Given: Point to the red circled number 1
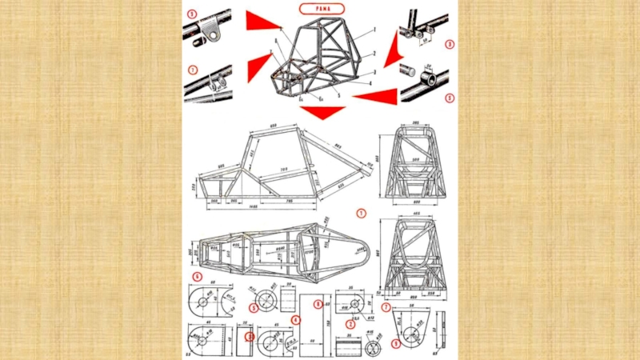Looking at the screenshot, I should coord(361,214).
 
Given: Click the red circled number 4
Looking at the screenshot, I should coord(295,320).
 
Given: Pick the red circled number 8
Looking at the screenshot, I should coord(318,304).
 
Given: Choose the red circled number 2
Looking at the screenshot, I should coord(350,324).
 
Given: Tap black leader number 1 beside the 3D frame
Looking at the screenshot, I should coord(374,29).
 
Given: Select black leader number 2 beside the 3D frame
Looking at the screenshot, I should coord(374,53).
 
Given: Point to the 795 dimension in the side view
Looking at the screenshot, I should coord(288,200).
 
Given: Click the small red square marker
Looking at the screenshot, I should coord(249,337).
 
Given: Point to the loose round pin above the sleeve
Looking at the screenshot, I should coord(406,68).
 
